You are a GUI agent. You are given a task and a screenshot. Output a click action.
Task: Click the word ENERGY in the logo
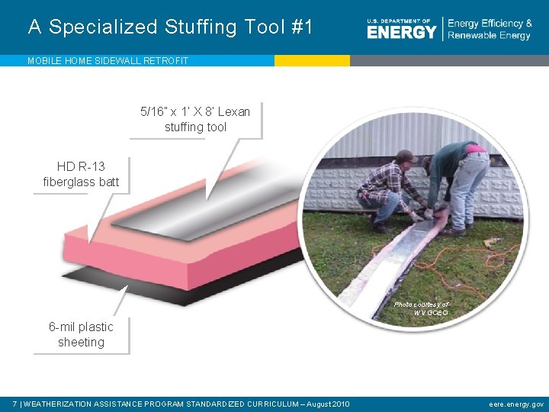(401, 32)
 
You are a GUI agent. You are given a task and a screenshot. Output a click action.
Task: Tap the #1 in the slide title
(302, 27)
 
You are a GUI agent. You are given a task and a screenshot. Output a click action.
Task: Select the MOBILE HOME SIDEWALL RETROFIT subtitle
(108, 60)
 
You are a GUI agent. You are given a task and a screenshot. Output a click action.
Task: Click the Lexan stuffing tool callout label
(195, 119)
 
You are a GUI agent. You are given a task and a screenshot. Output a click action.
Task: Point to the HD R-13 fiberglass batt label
(81, 174)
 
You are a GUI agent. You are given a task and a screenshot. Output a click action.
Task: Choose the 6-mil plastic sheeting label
(81, 334)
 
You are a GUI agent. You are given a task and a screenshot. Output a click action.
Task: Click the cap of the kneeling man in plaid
(406, 156)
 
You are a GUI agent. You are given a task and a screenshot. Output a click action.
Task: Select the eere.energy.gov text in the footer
(516, 404)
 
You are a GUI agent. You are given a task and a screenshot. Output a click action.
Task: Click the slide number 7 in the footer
(15, 404)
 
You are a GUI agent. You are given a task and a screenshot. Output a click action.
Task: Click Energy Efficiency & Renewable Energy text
(490, 30)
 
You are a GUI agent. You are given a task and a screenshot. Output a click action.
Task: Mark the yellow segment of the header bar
(312, 60)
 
